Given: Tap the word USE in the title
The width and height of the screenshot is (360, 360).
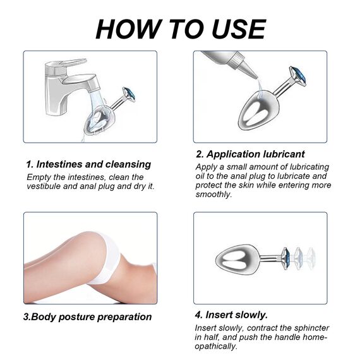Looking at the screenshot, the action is coord(238,29).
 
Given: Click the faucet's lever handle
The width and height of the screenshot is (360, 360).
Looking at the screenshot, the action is coord(66,64).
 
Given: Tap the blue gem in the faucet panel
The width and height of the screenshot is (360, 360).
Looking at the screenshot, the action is coord(129,94).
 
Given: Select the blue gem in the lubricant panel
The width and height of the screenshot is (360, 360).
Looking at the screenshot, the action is coord(297,76).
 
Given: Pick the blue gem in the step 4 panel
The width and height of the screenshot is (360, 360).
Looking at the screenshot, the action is coord(285,258).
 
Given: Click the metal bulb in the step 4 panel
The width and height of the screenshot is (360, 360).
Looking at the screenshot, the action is coord(237,258).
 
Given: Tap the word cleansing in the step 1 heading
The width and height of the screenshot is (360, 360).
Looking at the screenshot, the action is coord(128,165).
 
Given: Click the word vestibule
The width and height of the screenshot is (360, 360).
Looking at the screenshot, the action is coord(43,186).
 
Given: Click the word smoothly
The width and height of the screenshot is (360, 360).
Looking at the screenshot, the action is coord(213,195).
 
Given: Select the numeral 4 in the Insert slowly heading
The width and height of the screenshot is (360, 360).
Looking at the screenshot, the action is coord(198,315).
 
